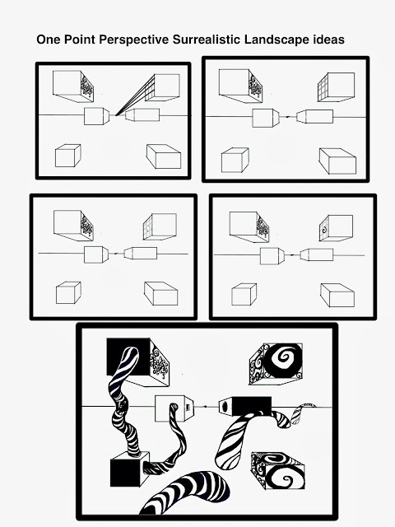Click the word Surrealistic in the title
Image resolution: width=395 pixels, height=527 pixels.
point(207,40)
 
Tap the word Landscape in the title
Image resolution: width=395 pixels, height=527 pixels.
point(276,40)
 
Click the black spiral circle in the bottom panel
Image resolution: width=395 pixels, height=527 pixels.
point(283,361)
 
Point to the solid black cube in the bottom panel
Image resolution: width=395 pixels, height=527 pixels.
point(130,469)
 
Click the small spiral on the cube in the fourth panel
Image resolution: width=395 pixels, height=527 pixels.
point(324,231)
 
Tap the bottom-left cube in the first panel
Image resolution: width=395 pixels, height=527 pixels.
point(67,156)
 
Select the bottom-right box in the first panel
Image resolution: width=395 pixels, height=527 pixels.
point(164,156)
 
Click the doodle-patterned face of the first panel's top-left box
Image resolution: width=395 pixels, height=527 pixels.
point(86,87)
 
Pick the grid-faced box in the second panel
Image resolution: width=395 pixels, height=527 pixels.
point(336,87)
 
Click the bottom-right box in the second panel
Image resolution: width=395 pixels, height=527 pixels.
point(337,161)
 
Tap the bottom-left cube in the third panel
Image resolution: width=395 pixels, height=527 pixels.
point(68,293)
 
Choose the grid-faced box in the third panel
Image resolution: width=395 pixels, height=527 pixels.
point(160,226)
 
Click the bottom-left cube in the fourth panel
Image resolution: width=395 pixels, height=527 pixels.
point(244,295)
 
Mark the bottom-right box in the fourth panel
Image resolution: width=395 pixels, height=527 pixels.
point(337,295)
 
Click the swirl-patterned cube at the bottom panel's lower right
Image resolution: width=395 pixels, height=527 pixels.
point(278,470)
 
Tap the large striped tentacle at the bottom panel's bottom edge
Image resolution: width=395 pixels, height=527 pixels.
point(187,493)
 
